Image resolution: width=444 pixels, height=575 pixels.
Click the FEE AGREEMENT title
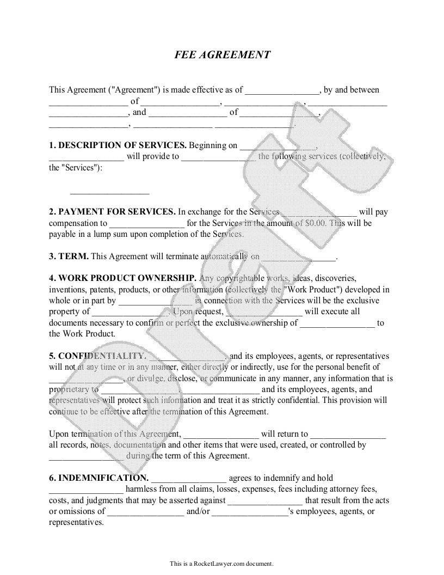[222, 55]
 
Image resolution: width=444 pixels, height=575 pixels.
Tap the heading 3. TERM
[69, 256]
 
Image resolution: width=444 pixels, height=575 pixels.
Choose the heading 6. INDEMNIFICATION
[98, 478]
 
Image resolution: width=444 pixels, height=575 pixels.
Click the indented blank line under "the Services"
[109, 191]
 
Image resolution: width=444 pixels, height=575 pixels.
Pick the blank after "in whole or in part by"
[155, 301]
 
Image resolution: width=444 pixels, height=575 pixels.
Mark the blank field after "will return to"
[348, 435]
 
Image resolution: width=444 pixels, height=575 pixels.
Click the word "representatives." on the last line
[76, 522]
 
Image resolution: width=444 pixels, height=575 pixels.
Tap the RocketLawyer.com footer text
[221, 564]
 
